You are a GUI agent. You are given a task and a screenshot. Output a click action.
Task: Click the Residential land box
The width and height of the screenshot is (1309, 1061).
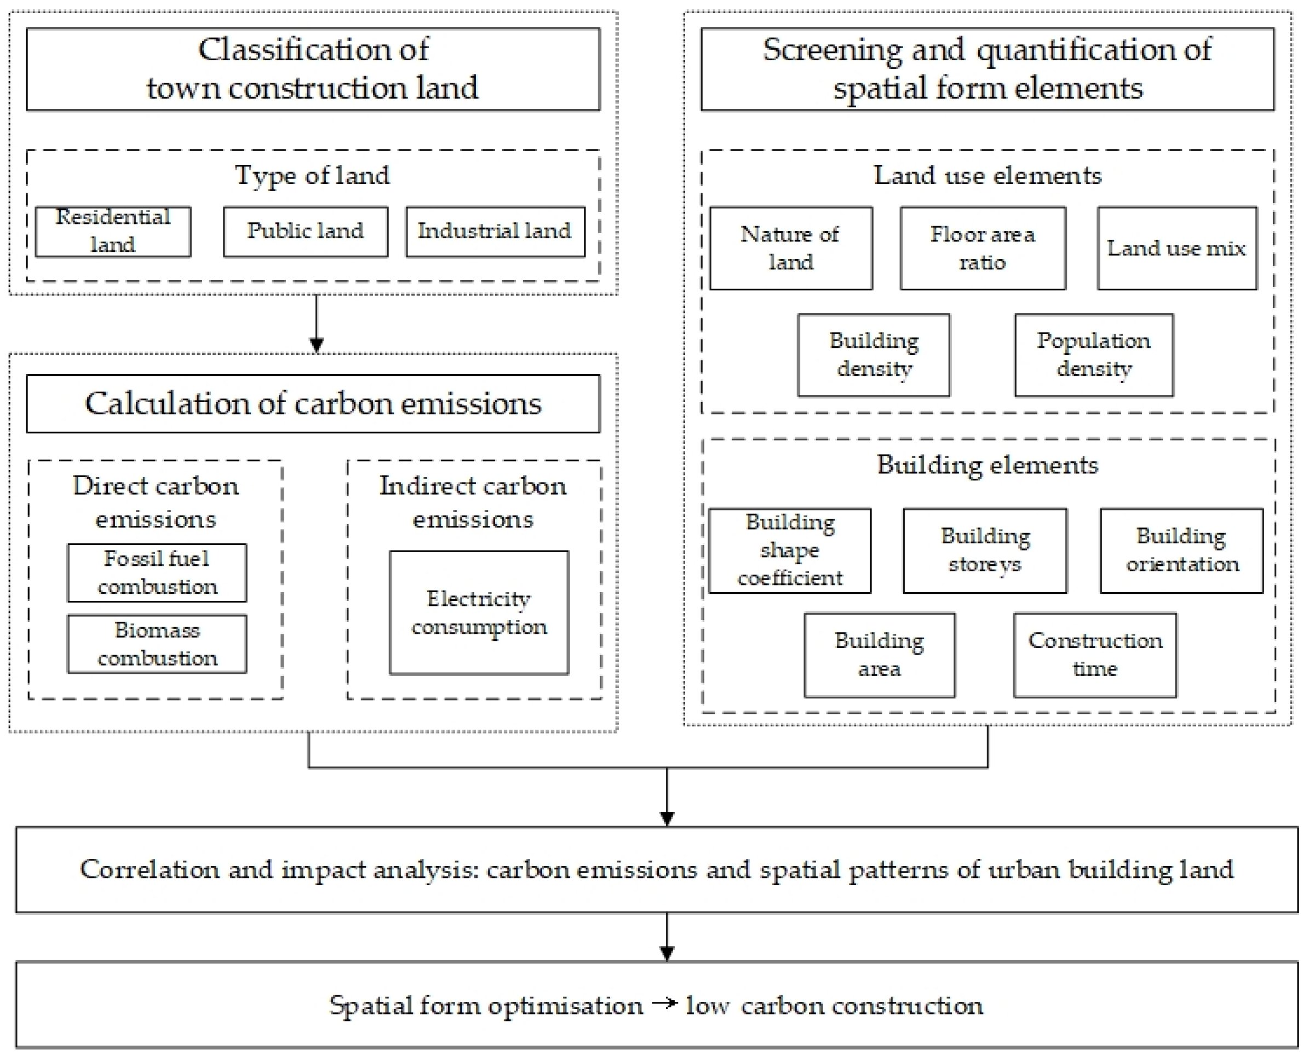point(113,232)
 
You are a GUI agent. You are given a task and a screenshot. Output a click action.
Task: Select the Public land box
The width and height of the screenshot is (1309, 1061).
point(305,232)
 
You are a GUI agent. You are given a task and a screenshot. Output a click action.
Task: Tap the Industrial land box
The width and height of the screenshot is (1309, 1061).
point(495,232)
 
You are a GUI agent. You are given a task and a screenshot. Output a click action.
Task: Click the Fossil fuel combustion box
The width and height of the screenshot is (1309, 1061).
point(157,572)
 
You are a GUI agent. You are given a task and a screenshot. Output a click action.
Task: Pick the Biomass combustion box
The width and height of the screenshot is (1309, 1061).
point(157,644)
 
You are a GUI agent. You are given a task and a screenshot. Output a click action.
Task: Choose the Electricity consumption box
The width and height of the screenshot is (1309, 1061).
point(479,612)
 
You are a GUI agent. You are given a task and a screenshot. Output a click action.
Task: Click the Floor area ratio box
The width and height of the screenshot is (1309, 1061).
point(983,248)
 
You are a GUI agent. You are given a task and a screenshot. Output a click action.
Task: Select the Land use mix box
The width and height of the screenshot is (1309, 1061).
point(1177,248)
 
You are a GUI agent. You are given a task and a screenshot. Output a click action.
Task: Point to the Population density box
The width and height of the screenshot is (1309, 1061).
point(1094,355)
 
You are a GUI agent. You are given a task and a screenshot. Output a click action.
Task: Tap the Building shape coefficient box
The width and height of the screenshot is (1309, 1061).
point(790,550)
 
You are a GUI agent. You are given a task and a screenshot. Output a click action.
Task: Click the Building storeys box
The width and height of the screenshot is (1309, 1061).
point(985,550)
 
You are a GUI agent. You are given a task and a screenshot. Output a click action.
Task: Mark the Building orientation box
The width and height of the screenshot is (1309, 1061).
point(1182,550)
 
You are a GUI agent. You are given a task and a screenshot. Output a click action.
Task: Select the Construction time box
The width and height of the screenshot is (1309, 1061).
point(1095,655)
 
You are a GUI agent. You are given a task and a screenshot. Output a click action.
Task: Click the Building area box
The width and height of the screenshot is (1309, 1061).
point(880,655)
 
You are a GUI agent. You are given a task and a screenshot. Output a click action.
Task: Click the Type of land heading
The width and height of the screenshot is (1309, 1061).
point(312,176)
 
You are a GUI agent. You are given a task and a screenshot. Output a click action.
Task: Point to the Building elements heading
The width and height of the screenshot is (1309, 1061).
point(988,465)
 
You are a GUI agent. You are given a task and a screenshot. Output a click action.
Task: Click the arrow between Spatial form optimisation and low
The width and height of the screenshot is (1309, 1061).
point(664,1003)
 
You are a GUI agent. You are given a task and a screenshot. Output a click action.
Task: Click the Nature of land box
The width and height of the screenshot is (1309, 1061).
point(790,248)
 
